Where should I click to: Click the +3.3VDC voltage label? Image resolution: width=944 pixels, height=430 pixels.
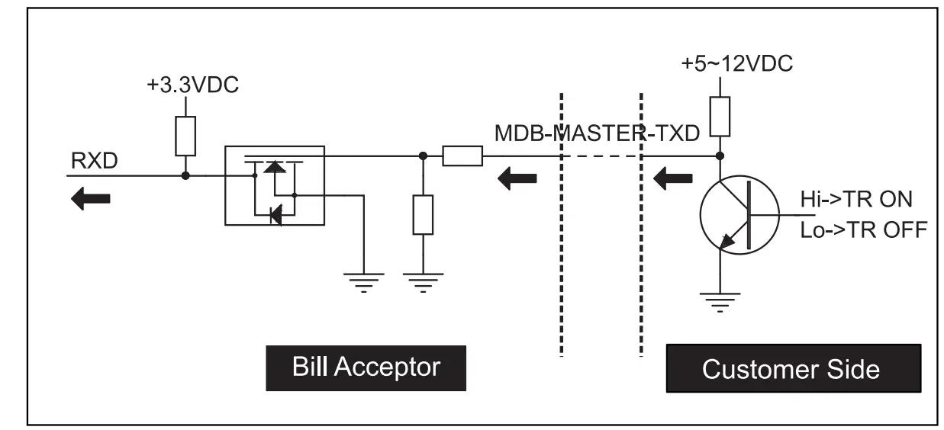coord(192,85)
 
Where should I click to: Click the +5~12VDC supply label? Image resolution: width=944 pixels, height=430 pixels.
coord(736,64)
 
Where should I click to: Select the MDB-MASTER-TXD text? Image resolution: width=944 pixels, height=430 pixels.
coord(597,133)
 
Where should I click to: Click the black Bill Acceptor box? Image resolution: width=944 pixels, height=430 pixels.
coord(366,367)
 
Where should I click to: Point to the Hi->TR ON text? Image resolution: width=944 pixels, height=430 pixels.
coord(856,199)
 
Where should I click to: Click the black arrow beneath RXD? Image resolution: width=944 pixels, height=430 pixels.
coord(90,199)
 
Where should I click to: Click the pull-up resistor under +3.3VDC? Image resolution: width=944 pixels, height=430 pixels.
coord(185,136)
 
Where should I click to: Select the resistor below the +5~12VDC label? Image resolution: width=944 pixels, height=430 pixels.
coord(720,117)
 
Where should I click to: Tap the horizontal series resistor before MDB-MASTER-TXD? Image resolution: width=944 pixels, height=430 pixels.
coord(462,156)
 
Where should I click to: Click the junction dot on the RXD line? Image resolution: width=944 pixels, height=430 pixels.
coord(185,175)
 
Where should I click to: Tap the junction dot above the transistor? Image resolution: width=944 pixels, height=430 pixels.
coord(719,156)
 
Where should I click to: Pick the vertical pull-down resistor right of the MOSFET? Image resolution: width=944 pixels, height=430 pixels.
coord(423,214)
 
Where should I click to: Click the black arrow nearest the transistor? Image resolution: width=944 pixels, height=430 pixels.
coord(672,181)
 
